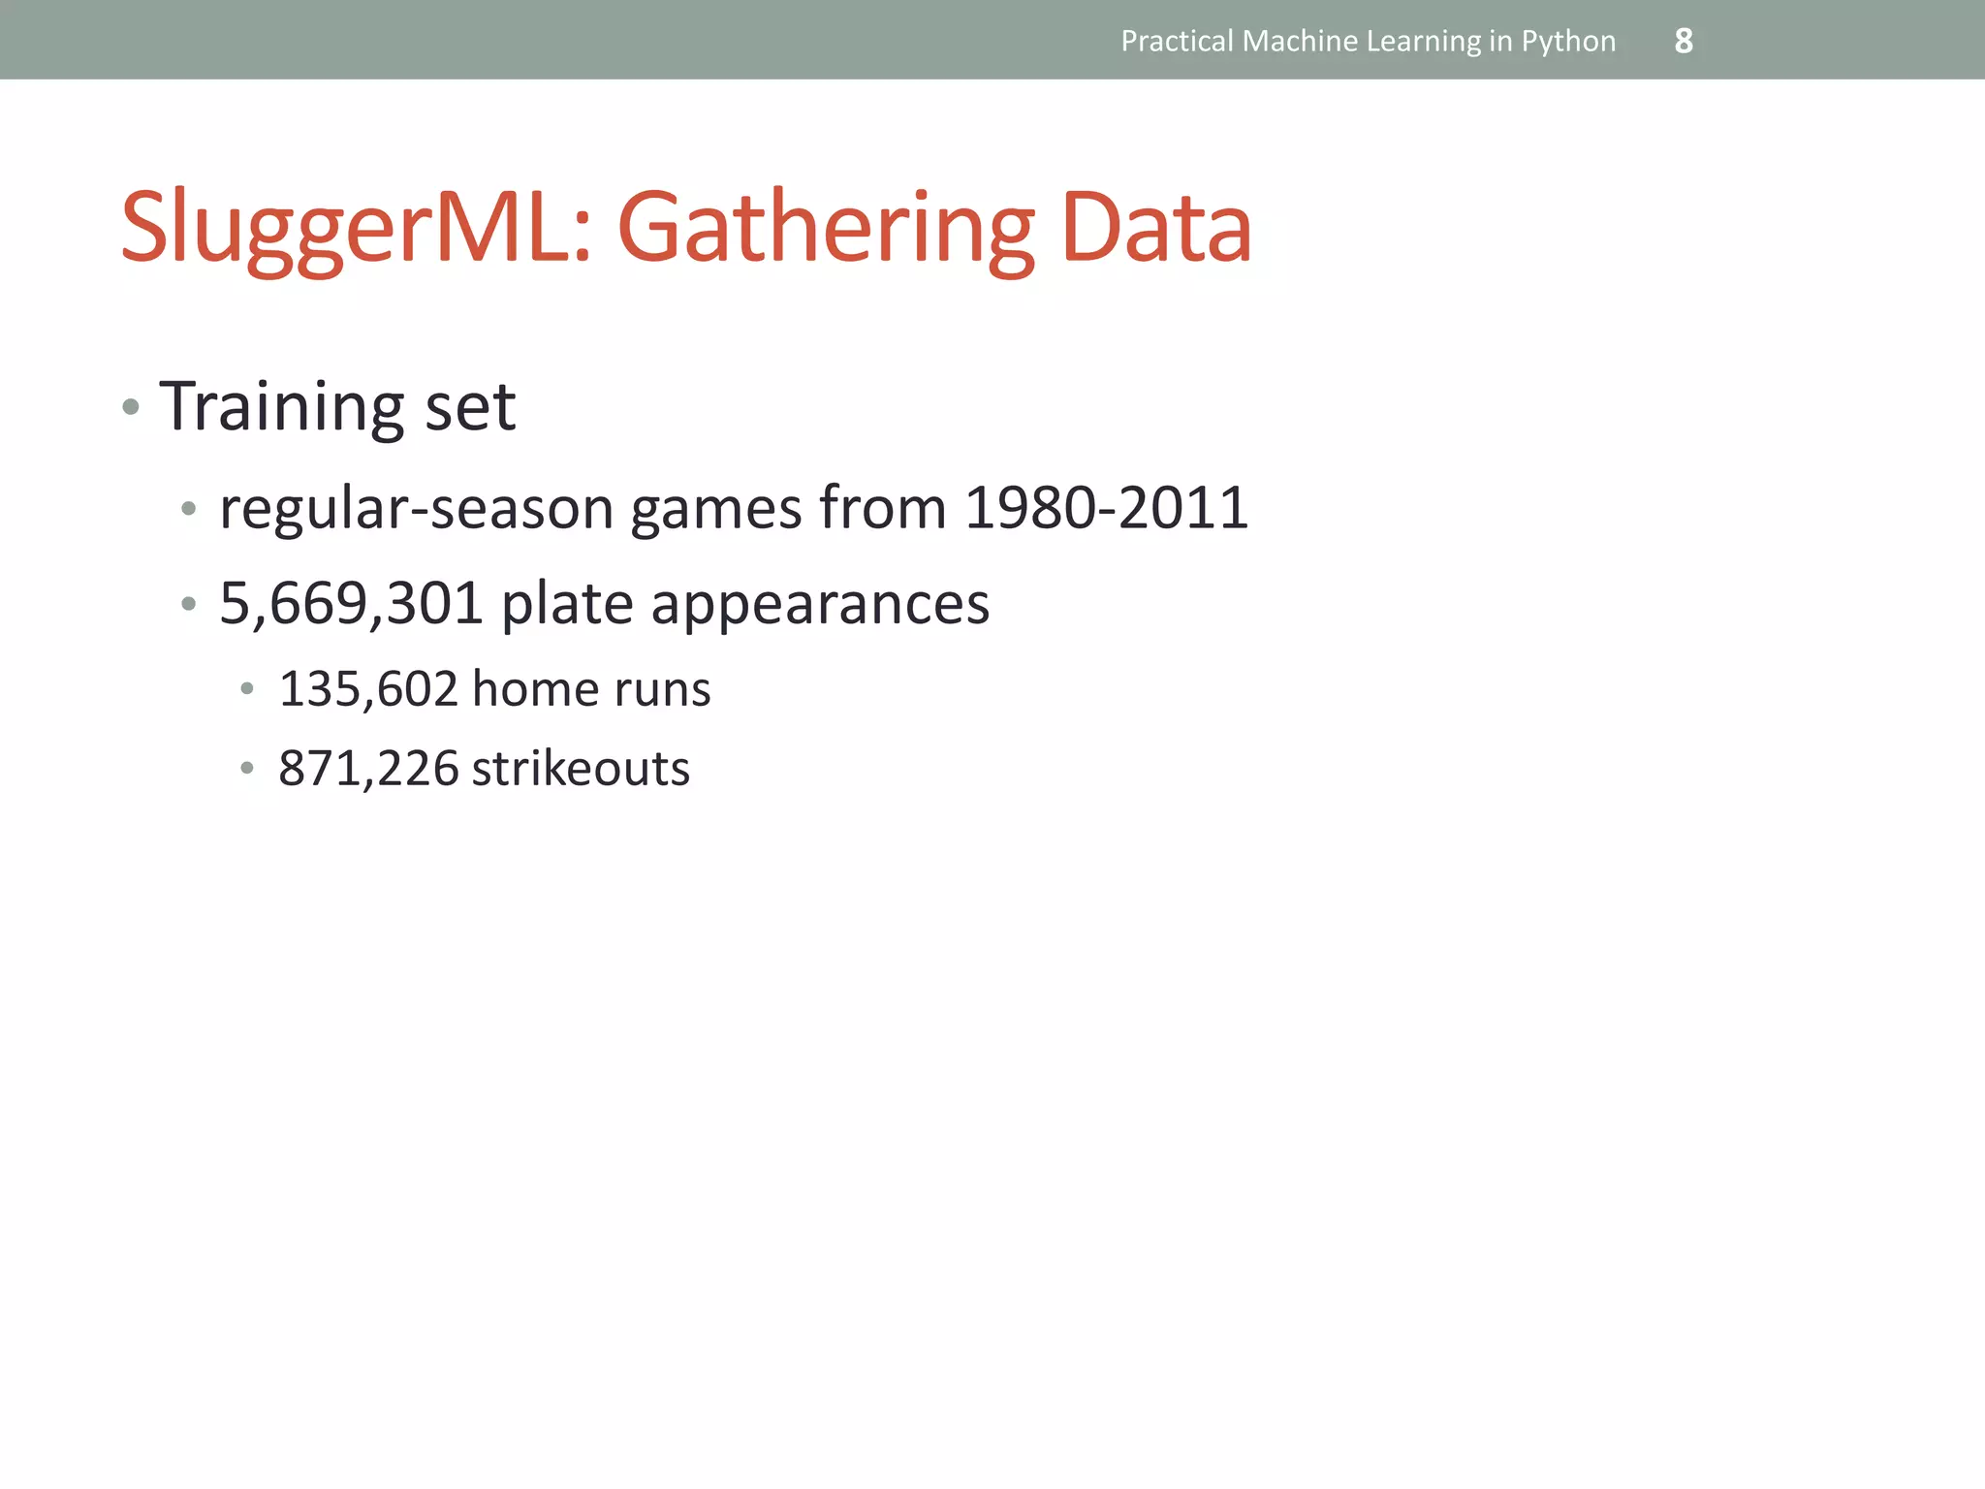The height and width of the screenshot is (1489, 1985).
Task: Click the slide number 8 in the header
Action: pos(1684,41)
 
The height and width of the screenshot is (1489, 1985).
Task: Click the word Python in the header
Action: pos(1568,42)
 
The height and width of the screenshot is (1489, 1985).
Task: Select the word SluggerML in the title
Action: pos(355,229)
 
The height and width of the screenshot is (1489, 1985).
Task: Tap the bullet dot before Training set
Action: pos(131,407)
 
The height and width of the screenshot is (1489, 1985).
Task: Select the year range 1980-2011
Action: pos(1106,507)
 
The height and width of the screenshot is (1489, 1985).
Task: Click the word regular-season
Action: pos(417,509)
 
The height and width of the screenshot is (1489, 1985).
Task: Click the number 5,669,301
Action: pos(351,603)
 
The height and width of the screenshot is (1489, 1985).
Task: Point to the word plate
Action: pos(567,604)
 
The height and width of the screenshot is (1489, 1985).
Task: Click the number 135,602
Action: pos(367,689)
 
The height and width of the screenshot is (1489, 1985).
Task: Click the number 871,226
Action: pos(367,769)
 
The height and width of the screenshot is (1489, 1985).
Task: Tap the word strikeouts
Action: pos(581,769)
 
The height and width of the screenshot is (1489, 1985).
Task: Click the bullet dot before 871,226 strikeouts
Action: pos(247,769)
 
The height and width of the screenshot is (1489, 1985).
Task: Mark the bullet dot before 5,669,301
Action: pos(188,604)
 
